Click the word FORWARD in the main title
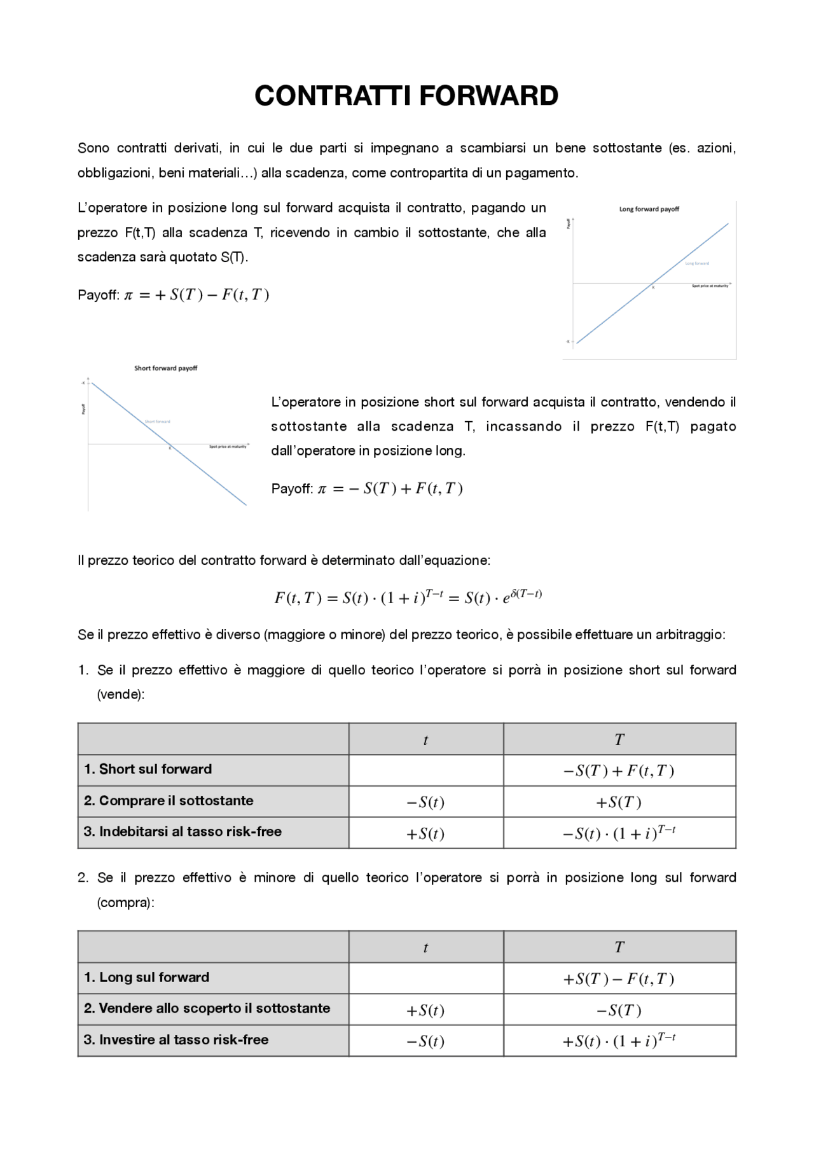pyautogui.click(x=488, y=96)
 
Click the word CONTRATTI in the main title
pyautogui.click(x=335, y=96)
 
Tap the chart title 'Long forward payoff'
pyautogui.click(x=649, y=209)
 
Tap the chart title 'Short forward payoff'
pyautogui.click(x=165, y=368)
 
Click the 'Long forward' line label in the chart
pyautogui.click(x=697, y=263)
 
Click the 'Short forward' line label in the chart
pyautogui.click(x=157, y=422)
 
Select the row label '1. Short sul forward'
pyautogui.click(x=148, y=769)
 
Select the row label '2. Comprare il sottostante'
pyautogui.click(x=169, y=801)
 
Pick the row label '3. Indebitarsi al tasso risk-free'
pyautogui.click(x=183, y=831)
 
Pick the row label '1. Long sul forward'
pyautogui.click(x=146, y=977)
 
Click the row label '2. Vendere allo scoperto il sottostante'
pyautogui.click(x=207, y=1008)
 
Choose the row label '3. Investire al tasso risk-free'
pyautogui.click(x=176, y=1039)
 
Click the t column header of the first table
pyautogui.click(x=425, y=740)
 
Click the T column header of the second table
pyautogui.click(x=619, y=947)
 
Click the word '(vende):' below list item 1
pyautogui.click(x=121, y=695)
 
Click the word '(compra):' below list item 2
pyautogui.click(x=125, y=903)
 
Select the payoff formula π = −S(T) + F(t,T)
pyautogui.click(x=390, y=489)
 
